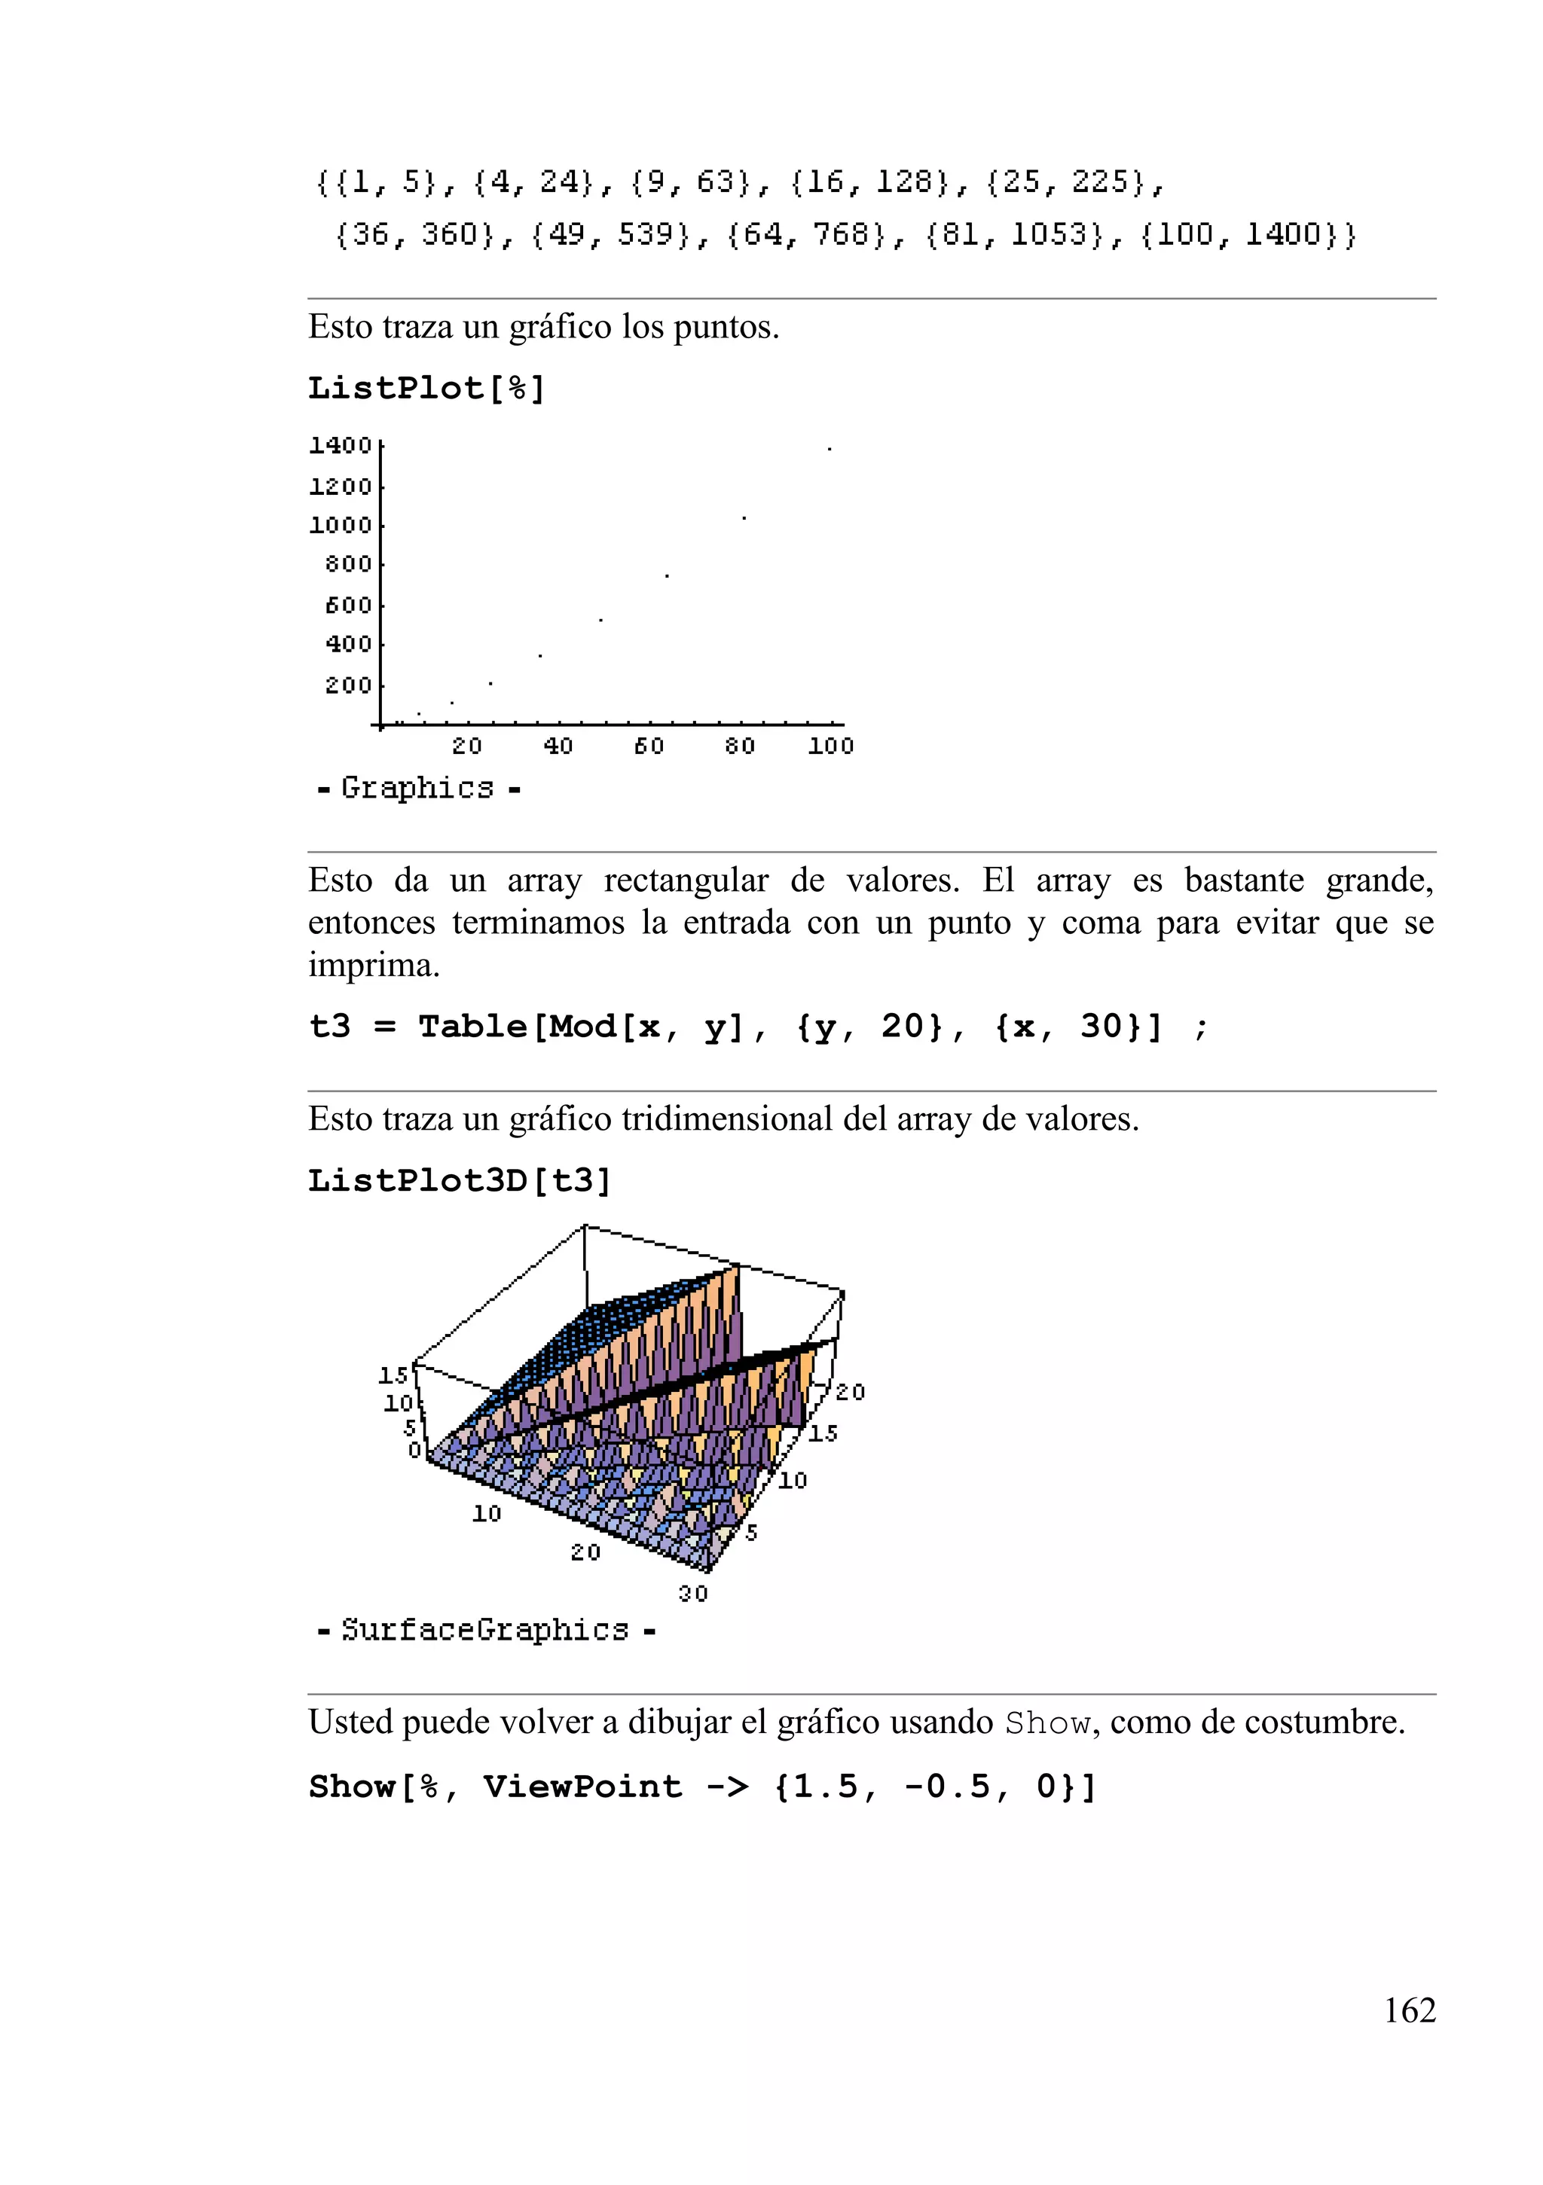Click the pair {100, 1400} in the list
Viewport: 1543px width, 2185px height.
click(1247, 234)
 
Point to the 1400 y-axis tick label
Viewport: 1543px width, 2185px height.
click(340, 444)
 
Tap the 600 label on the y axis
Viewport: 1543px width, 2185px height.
click(347, 604)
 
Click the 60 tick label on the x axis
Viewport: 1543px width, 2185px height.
click(648, 746)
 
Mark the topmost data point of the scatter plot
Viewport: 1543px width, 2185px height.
click(829, 448)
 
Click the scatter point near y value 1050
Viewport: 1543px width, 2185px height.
click(744, 517)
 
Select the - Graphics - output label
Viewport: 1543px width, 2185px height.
click(418, 788)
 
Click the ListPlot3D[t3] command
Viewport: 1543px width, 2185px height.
click(459, 1180)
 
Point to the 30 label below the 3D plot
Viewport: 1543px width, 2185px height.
click(692, 1593)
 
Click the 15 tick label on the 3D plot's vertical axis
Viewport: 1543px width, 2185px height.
click(393, 1374)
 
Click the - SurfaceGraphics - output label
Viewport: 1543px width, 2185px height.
click(485, 1629)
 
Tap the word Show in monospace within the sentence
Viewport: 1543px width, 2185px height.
click(1047, 1723)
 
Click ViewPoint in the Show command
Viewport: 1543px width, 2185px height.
click(582, 1787)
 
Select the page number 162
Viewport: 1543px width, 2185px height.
click(1409, 2010)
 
